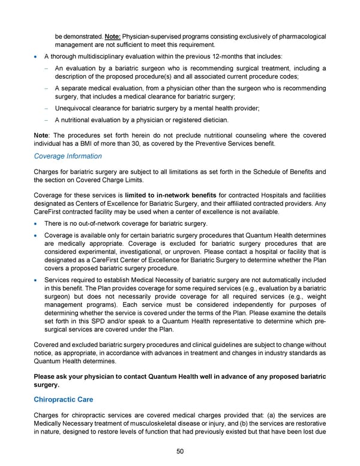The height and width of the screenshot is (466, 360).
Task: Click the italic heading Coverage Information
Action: (68, 156)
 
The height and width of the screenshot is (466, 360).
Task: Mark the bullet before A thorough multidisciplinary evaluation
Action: (38, 56)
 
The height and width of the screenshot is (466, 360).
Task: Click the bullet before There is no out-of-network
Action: (38, 224)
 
